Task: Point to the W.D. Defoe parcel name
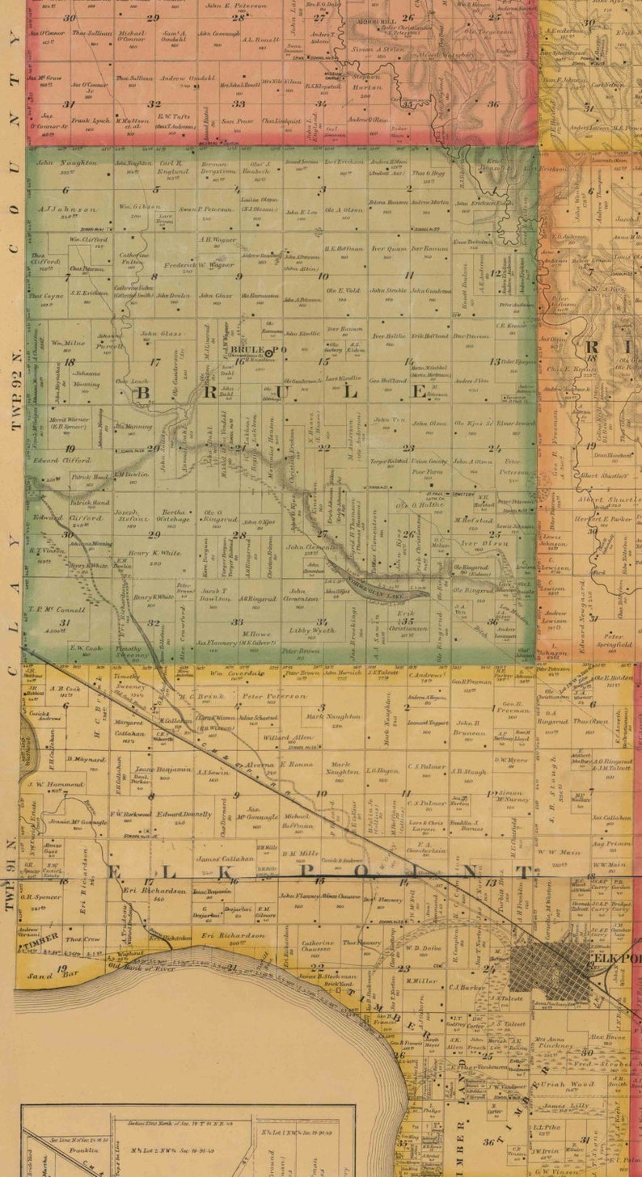tap(422, 949)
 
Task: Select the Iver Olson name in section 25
tap(477, 543)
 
